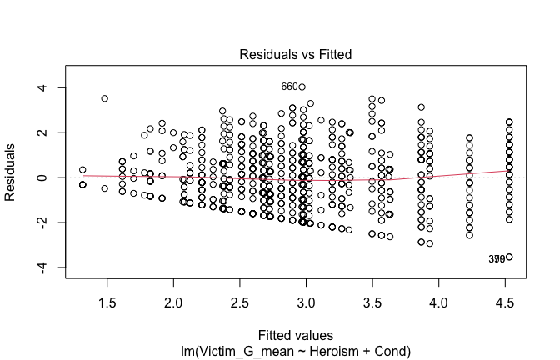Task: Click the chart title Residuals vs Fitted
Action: tap(296, 54)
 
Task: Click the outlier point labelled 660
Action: tap(302, 87)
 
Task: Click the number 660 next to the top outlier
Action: tap(289, 87)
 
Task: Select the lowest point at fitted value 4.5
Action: tap(508, 257)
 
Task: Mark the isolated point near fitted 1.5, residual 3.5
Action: tap(105, 98)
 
